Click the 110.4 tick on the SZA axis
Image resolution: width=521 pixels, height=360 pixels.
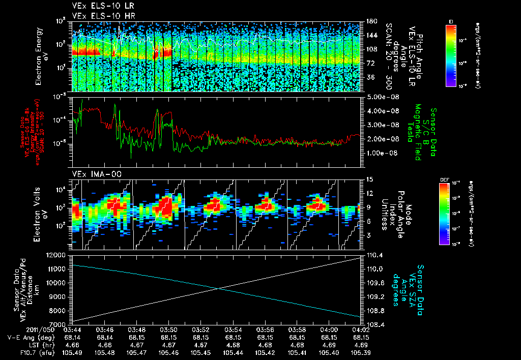pos(373,255)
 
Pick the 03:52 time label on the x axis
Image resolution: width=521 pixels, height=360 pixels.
pos(200,329)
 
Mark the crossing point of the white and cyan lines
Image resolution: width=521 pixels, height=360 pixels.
pos(218,289)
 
